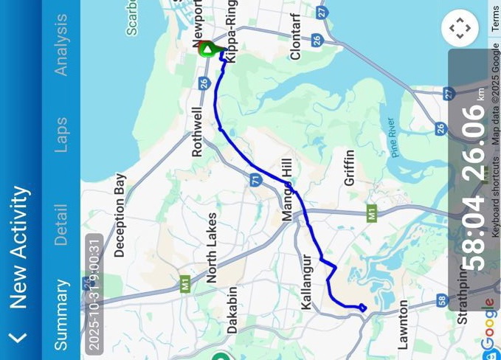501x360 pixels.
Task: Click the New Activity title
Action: click(18, 247)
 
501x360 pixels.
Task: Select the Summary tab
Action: click(61, 314)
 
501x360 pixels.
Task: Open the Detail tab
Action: click(61, 225)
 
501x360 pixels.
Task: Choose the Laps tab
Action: click(61, 135)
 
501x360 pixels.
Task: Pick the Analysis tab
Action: click(61, 45)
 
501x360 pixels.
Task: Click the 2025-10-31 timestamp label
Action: click(94, 293)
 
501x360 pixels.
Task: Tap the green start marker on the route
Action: click(208, 49)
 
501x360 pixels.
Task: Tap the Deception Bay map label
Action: click(120, 215)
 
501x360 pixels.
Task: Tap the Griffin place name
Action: click(349, 168)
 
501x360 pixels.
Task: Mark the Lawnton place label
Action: click(403, 325)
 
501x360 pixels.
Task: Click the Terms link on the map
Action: click(496, 15)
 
